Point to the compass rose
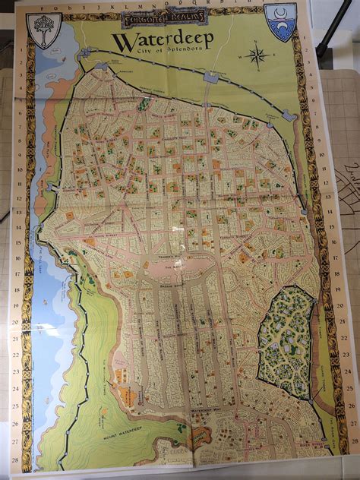[x=257, y=55]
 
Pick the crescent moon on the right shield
[x=279, y=15]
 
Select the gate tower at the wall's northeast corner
[x=288, y=115]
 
